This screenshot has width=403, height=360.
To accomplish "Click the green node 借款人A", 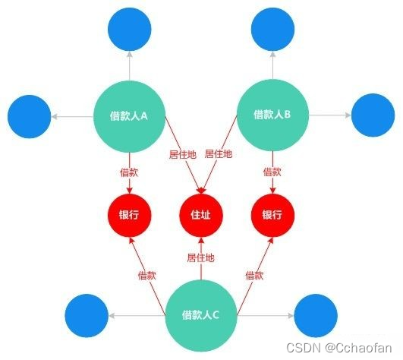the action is (129, 116).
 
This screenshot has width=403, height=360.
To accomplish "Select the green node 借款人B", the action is (272, 115).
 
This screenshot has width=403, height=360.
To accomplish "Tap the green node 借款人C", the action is (200, 315).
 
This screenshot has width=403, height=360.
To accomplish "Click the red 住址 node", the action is (201, 215).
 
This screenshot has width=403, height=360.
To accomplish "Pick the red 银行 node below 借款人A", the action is (129, 215).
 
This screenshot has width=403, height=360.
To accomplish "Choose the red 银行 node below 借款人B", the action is (272, 215).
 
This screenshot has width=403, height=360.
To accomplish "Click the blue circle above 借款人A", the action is (130, 30).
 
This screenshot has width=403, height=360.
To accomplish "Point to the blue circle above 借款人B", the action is (272, 30).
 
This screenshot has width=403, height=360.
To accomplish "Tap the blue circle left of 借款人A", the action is (30, 116).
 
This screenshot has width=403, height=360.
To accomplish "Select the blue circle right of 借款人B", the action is (373, 115).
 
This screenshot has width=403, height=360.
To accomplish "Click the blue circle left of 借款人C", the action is (87, 315).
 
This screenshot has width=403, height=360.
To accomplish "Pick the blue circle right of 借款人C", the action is (316, 315).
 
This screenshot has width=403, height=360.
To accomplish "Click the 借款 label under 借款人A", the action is (129, 172).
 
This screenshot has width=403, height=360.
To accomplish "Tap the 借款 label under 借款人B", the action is (272, 172).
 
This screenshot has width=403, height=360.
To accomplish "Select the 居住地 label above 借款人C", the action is (200, 257).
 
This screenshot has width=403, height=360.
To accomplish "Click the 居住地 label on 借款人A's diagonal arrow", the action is (183, 154).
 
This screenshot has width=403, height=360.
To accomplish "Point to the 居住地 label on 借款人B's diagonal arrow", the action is (219, 154).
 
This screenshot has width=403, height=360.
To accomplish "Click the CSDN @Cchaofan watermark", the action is (339, 348).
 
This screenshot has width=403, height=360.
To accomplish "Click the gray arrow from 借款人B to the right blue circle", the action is (330, 115).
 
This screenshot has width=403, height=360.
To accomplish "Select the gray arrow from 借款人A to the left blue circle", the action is (72, 117).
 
